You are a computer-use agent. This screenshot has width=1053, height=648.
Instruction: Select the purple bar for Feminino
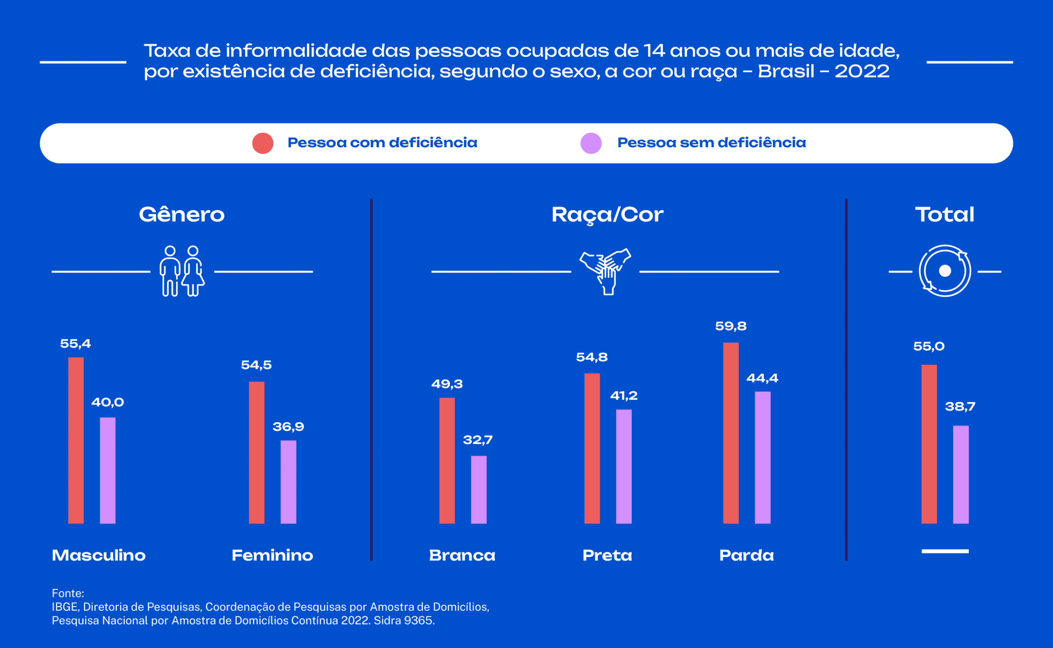tap(288, 482)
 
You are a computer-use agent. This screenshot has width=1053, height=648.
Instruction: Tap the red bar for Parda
tap(731, 433)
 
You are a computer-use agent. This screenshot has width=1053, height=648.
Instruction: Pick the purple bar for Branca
tap(478, 489)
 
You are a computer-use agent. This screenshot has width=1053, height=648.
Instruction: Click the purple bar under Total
tap(960, 474)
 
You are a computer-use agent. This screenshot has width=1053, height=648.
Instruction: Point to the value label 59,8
tap(731, 326)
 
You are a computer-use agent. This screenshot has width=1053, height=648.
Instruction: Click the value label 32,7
tap(478, 440)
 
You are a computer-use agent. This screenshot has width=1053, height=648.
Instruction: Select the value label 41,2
tap(624, 395)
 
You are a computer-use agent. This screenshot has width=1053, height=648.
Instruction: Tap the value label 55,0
tap(929, 346)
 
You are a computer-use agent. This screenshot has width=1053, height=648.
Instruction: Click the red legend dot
tap(263, 143)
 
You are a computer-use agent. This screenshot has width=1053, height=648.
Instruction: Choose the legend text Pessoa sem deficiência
tap(711, 143)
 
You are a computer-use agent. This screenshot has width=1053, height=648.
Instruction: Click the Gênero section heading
tap(181, 214)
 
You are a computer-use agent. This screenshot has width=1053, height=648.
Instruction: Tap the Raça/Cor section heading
tap(607, 215)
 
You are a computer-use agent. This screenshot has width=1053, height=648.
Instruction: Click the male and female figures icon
tap(182, 271)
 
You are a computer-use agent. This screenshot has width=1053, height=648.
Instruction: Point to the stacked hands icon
tap(605, 271)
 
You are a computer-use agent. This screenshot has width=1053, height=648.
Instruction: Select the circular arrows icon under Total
tap(944, 271)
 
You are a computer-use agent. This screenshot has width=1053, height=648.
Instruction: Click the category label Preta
tap(607, 555)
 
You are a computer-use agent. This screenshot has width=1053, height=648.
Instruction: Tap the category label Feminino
tap(272, 555)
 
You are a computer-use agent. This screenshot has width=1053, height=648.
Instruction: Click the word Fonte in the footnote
tap(67, 593)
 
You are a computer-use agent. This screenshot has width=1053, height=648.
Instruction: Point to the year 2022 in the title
tap(862, 72)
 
